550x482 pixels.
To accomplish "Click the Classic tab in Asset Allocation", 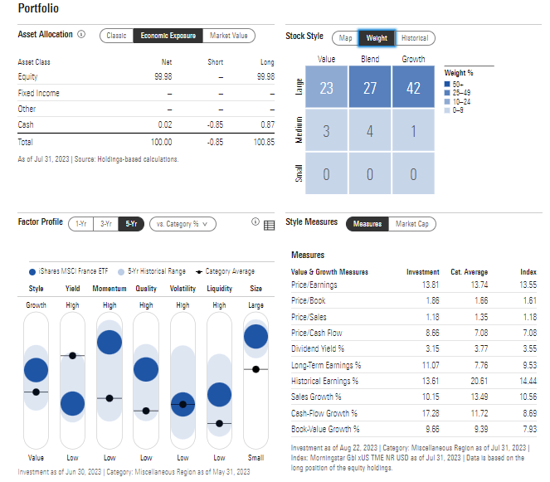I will (116, 36).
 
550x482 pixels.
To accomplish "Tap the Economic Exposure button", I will (168, 36).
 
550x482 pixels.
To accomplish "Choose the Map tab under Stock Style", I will (344, 38).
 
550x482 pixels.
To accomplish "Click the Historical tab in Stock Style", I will (414, 38).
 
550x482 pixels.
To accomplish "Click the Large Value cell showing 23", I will (327, 88).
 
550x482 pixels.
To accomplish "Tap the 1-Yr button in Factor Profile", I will (80, 223).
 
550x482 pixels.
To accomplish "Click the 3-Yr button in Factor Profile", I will (105, 223).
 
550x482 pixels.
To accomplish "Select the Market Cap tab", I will (411, 223).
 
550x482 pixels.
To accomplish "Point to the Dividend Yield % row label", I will (317, 348).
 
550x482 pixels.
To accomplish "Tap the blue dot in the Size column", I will (256, 336).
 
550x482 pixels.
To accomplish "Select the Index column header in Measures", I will (528, 271).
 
